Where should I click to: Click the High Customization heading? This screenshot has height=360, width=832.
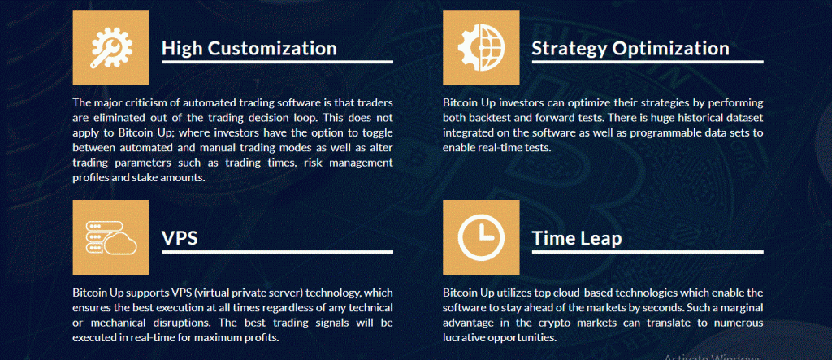(x=249, y=48)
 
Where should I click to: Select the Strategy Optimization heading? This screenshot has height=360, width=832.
(x=630, y=48)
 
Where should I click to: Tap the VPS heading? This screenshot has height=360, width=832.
(x=180, y=238)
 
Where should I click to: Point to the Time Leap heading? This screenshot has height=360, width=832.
(x=576, y=238)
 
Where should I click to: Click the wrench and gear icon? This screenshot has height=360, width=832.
(x=110, y=47)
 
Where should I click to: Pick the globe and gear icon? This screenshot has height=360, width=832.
(x=481, y=47)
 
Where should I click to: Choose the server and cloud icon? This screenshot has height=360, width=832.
(x=110, y=237)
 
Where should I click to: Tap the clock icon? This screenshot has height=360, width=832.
(x=481, y=237)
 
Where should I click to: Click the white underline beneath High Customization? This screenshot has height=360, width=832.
(x=277, y=62)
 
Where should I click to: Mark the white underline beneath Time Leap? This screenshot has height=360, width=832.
(x=648, y=252)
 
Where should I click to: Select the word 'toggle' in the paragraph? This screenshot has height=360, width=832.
(x=378, y=132)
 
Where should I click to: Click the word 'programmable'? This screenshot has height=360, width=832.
(x=639, y=132)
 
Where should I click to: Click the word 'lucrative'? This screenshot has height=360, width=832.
(x=461, y=338)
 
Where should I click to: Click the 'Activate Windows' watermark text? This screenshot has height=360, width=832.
(x=713, y=358)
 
